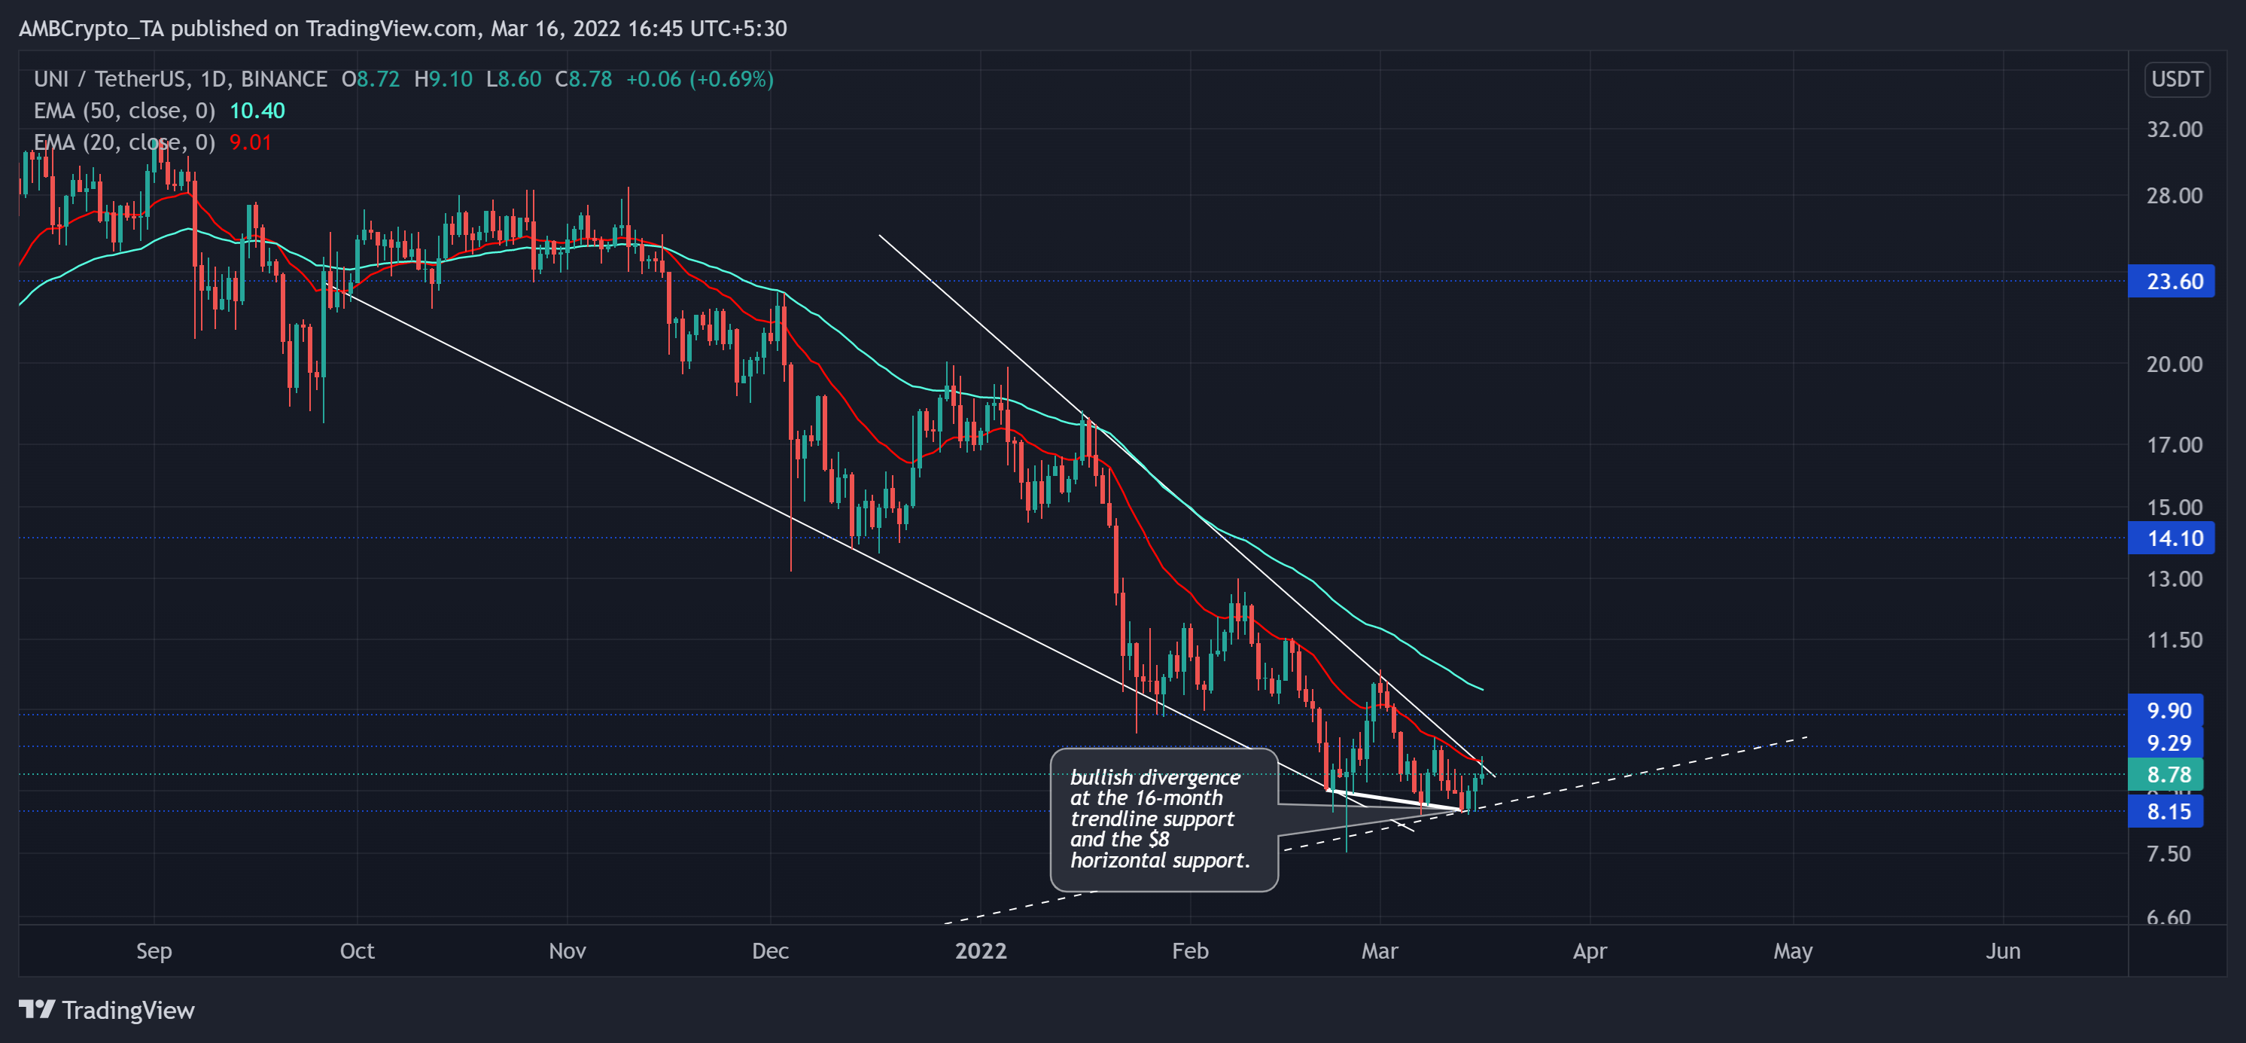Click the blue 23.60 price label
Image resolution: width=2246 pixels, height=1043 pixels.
point(2172,282)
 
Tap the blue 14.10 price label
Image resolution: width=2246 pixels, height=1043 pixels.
point(2172,538)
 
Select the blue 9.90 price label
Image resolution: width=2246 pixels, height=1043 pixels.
point(2167,710)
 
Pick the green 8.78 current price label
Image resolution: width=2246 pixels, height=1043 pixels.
point(2167,774)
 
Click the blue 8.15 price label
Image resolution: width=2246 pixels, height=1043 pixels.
point(2167,812)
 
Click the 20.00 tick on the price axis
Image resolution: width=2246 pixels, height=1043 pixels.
point(2174,364)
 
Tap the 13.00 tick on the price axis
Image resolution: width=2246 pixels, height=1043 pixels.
point(2174,579)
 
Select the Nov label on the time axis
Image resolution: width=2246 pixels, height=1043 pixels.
point(567,950)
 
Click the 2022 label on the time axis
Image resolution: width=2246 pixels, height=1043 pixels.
point(981,950)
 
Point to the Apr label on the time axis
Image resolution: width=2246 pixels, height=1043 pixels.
point(1590,950)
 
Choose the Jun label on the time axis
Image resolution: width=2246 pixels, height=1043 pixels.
point(2003,950)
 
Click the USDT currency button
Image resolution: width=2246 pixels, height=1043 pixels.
point(2176,79)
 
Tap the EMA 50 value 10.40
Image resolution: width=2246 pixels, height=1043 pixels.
point(257,111)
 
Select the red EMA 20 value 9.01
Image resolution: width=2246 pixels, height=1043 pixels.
point(250,142)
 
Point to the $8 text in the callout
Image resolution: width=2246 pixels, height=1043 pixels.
point(1158,839)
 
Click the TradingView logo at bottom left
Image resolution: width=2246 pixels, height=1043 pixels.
point(106,1010)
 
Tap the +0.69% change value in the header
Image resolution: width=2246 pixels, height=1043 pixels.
point(732,79)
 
